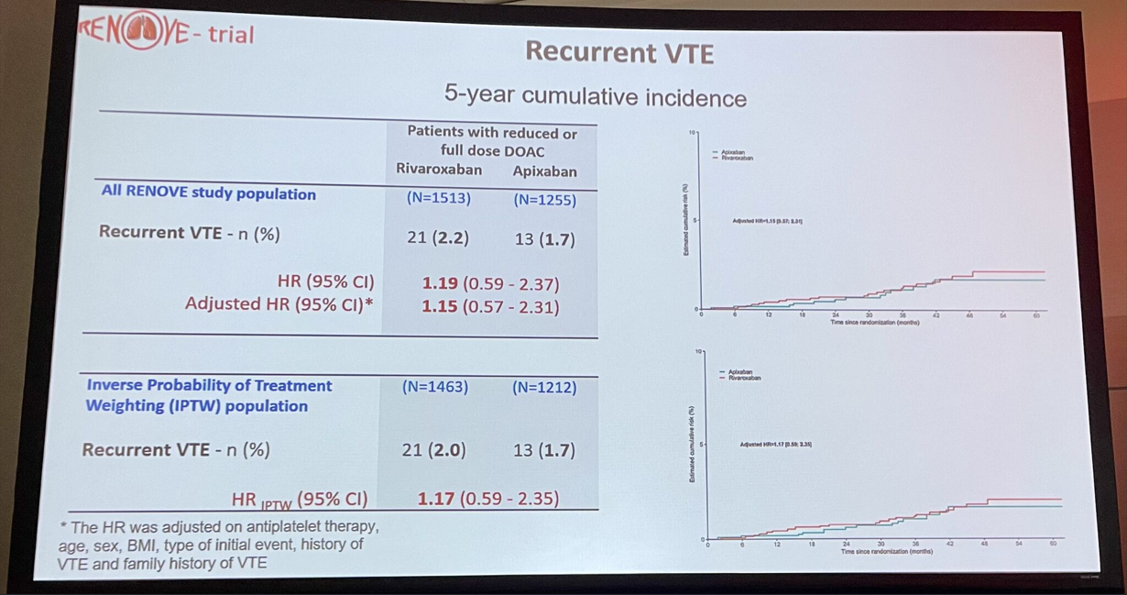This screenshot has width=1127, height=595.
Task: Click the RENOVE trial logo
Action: (165, 34)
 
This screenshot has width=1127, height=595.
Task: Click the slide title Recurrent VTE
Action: (618, 52)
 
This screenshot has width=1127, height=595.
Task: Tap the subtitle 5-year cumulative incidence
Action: (595, 97)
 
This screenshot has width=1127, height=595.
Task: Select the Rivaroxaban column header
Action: (439, 170)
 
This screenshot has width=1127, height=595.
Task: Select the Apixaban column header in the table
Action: (544, 171)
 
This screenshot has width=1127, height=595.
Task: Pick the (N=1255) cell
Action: (545, 199)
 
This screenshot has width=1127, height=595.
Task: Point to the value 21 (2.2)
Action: (438, 237)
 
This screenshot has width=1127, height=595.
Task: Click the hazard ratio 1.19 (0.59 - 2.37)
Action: (489, 284)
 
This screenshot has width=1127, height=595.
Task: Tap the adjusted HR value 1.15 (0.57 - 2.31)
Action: (489, 307)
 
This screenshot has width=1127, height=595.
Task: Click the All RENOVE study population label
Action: (208, 194)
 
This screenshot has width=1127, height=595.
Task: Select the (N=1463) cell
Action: (434, 387)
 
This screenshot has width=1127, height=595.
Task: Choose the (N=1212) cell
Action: (544, 388)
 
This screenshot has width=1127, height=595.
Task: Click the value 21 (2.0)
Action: (434, 450)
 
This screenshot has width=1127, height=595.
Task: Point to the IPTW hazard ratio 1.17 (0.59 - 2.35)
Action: (487, 499)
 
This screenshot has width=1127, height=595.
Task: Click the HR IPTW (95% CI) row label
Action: (300, 500)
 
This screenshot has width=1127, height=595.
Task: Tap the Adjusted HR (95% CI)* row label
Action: (279, 303)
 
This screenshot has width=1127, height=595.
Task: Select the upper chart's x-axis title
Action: (875, 323)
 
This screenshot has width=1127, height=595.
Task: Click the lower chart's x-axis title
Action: (887, 552)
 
